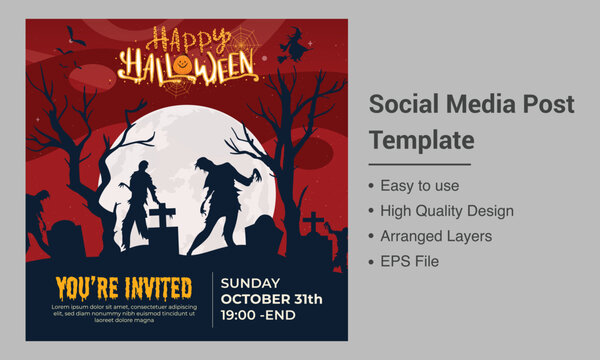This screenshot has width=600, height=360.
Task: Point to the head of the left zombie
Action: click(x=144, y=170)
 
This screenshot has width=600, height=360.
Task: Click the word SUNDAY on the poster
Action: click(x=250, y=283)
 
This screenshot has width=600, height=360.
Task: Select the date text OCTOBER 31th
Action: click(x=272, y=299)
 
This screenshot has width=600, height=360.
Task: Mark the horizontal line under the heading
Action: click(x=420, y=163)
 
